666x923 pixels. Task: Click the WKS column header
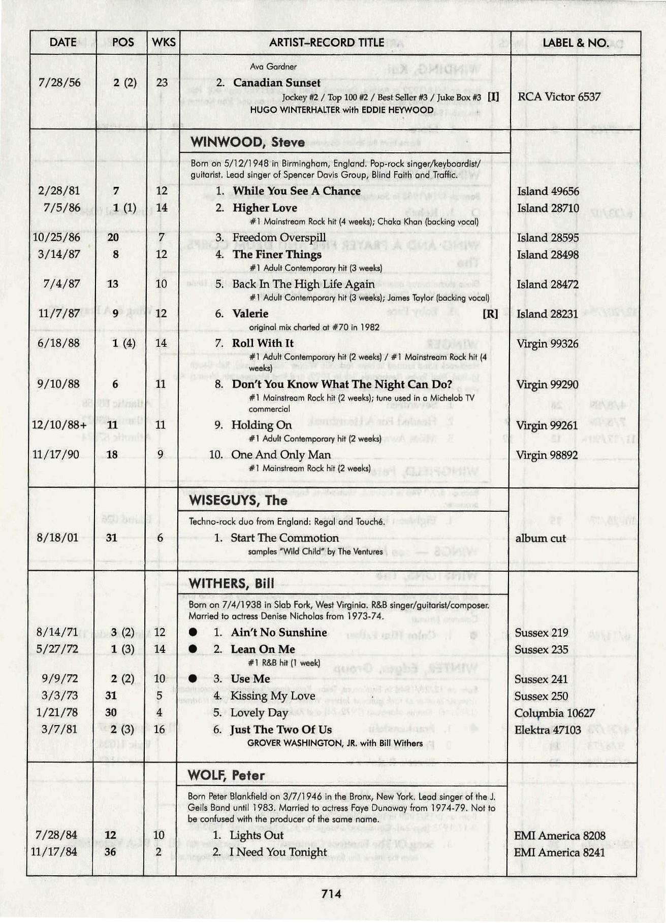[x=164, y=43]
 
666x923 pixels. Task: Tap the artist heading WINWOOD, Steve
[x=247, y=142]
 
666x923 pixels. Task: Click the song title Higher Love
[x=265, y=208]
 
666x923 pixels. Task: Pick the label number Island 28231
[x=547, y=314]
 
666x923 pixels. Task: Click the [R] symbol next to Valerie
[x=490, y=314]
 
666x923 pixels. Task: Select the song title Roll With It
[x=263, y=343]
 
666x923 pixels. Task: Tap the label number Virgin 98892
[x=547, y=455]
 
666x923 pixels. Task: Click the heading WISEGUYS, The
[x=238, y=501]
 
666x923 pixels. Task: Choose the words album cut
[x=540, y=539]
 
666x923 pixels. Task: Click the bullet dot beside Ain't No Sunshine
[x=193, y=633]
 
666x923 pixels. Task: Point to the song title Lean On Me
[x=263, y=649]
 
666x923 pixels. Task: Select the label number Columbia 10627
[x=554, y=713]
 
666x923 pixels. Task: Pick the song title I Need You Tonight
[x=278, y=852]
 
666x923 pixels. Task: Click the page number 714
[x=331, y=894]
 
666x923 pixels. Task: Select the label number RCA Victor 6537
[x=559, y=97]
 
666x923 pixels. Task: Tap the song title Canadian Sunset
[x=276, y=83]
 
